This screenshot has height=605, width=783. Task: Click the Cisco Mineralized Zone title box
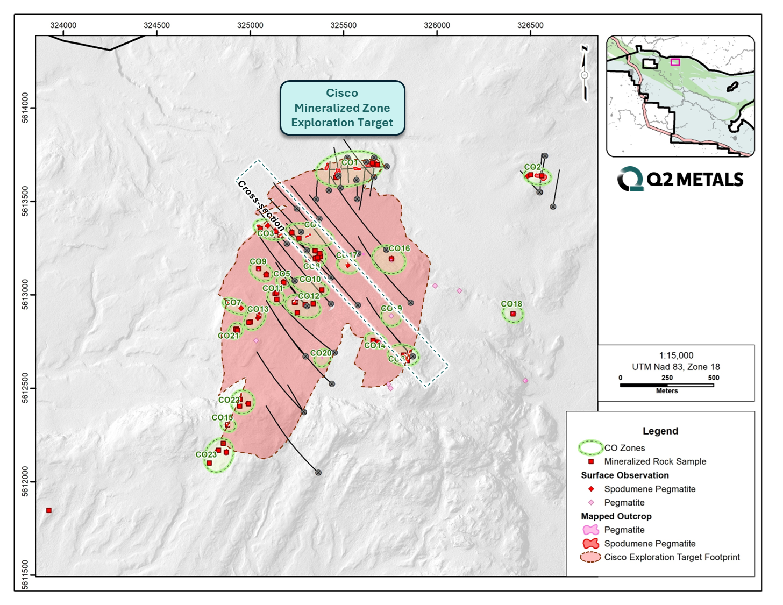342,108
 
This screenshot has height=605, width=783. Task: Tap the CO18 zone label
511,304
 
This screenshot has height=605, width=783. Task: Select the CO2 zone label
532,167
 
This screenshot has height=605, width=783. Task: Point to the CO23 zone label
206,454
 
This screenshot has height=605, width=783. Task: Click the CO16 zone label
399,248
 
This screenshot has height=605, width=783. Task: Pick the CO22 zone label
229,400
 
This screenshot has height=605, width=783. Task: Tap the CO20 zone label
321,353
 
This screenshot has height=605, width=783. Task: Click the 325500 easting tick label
343,25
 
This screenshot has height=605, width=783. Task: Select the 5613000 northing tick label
25,295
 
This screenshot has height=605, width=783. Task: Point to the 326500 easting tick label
530,25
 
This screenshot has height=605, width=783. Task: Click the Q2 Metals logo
680,179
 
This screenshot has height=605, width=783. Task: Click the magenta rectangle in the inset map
675,62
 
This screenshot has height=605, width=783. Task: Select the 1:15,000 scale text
676,355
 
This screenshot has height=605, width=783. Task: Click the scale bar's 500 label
713,378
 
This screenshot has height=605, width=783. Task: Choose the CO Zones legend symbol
590,447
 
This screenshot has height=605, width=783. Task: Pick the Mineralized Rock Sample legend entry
654,461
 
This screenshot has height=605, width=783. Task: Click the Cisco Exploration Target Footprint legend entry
672,557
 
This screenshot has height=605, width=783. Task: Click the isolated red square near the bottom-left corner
49,510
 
